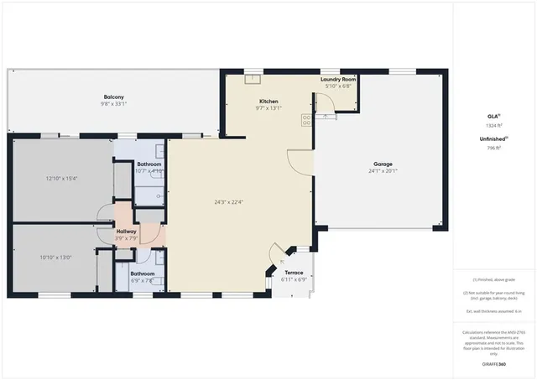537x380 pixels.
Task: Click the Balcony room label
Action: point(114,96)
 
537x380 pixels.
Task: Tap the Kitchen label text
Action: point(268,101)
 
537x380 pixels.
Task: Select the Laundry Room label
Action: point(338,79)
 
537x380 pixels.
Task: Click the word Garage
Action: point(383,164)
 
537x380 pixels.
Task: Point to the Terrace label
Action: point(294,273)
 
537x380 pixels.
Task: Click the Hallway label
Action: point(126,231)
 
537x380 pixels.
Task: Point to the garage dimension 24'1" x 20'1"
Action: point(383,170)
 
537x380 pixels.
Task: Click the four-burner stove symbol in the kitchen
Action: point(306,120)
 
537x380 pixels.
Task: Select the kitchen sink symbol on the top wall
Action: point(251,80)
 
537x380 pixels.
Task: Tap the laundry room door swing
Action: point(326,102)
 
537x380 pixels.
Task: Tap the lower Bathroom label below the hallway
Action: point(142,273)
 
